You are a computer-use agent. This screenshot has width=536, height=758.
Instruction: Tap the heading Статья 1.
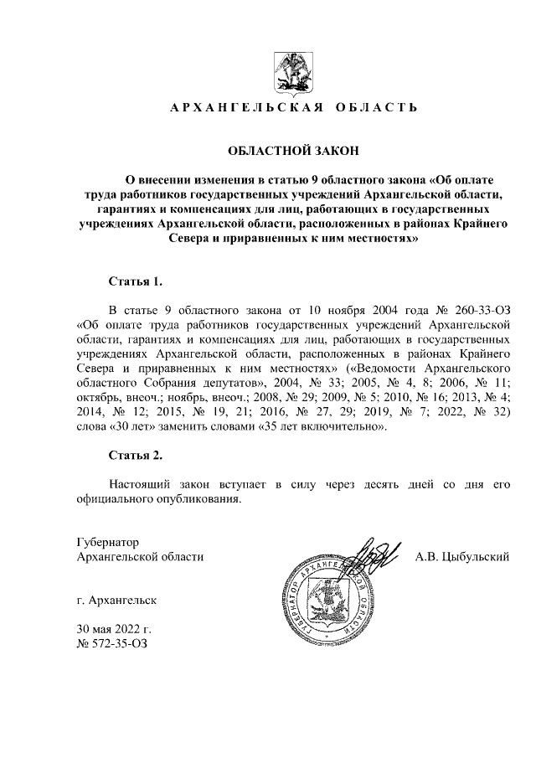[136, 281]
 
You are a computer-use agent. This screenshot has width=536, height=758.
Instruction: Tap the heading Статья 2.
[136, 456]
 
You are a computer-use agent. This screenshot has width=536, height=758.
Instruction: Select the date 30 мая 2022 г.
[113, 629]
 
